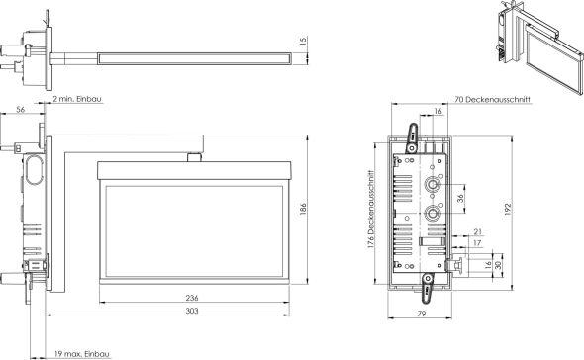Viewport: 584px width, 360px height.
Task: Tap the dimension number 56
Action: click(22, 112)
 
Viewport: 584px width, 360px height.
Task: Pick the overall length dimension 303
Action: click(191, 311)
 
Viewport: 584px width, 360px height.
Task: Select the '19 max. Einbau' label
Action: click(82, 353)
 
